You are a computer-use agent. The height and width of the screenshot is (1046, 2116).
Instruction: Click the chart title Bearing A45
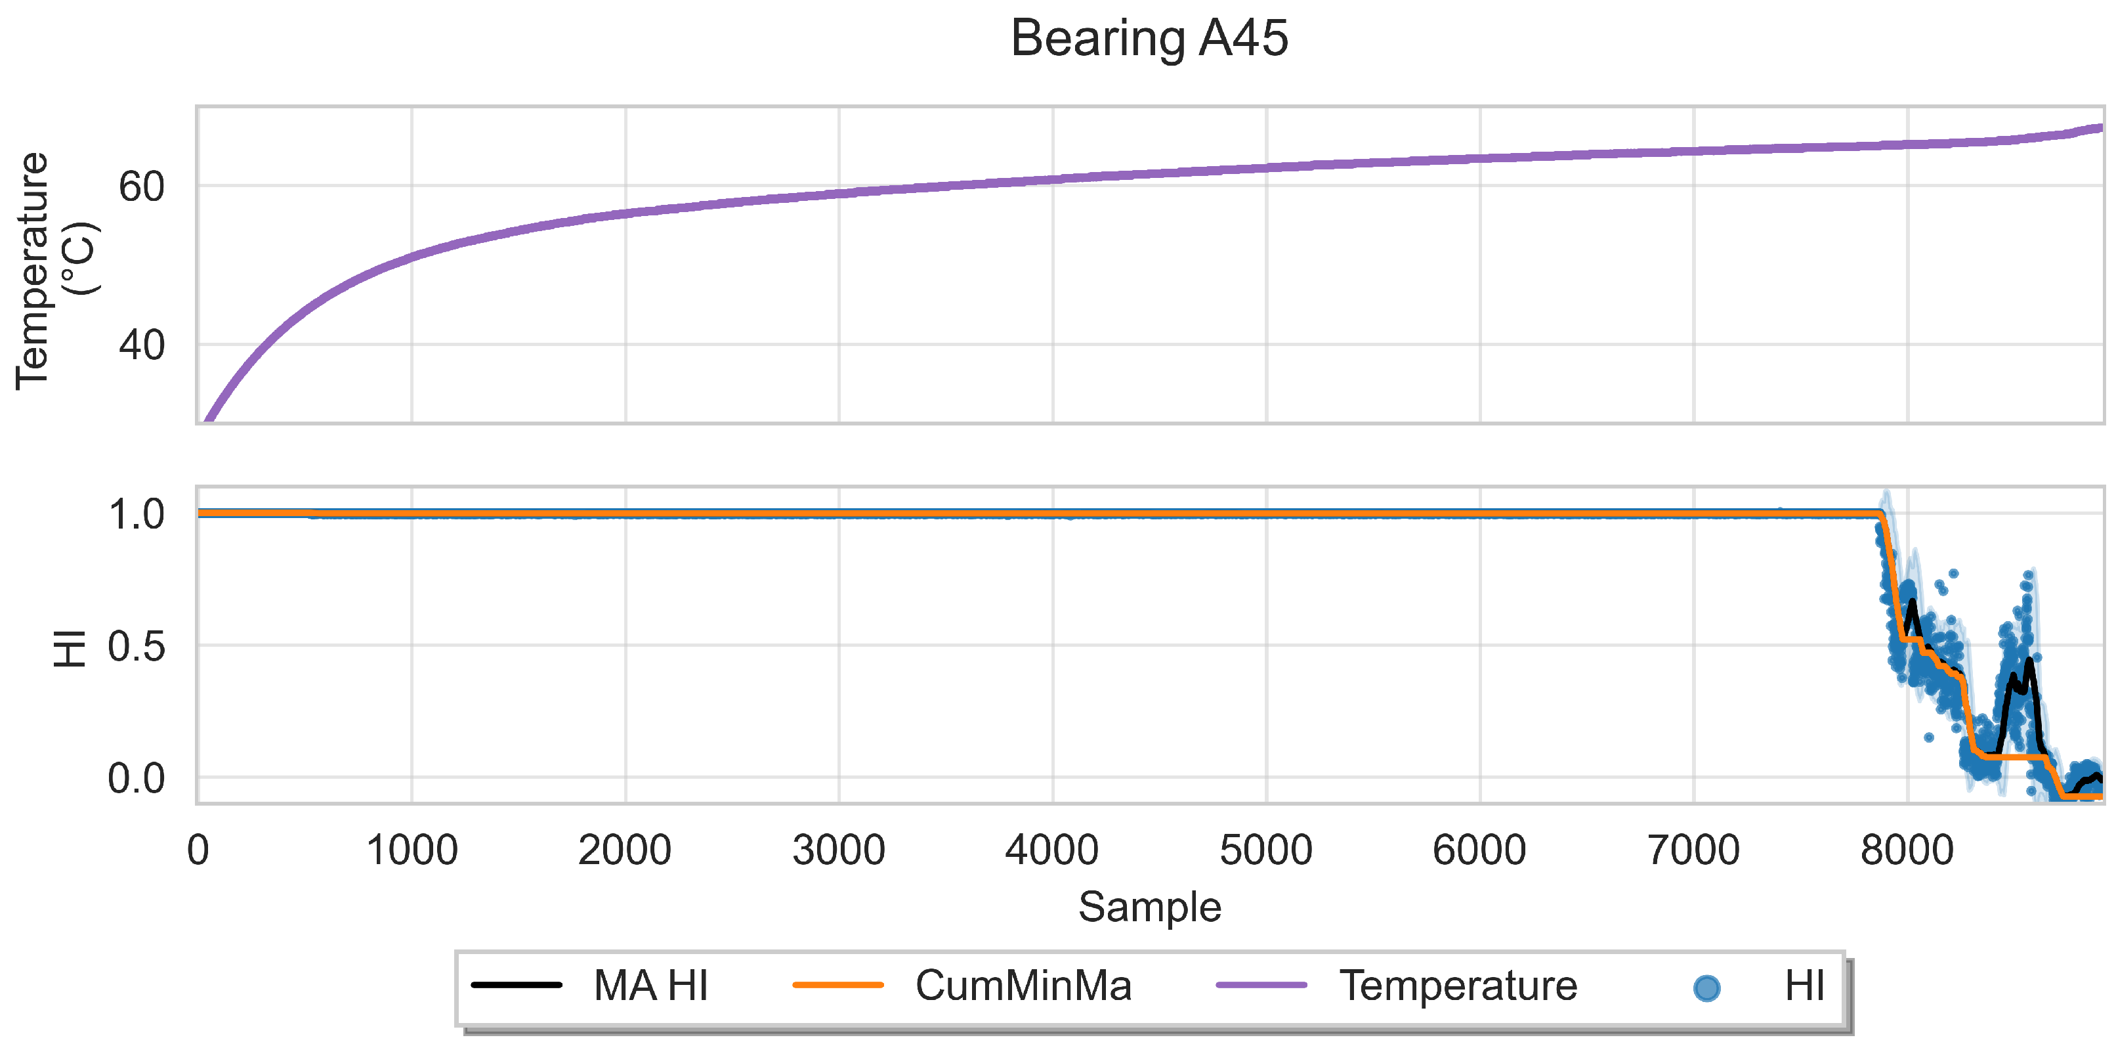[x=1149, y=38]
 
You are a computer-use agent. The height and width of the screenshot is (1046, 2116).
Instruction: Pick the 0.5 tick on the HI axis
[x=137, y=647]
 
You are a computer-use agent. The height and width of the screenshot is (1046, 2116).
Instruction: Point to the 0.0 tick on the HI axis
[x=137, y=778]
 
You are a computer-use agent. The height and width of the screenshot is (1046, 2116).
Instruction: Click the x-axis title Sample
[x=1149, y=907]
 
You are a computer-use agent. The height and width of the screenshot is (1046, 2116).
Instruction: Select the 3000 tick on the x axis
[x=839, y=850]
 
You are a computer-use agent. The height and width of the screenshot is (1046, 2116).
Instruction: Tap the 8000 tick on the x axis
[x=1907, y=850]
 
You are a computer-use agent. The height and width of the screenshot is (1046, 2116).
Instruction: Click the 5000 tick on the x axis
[x=1266, y=850]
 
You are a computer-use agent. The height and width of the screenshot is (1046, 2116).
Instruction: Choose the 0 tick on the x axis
[x=198, y=850]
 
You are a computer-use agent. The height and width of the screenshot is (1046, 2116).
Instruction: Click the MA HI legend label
[x=650, y=985]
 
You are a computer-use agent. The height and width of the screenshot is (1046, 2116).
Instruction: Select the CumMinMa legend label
[x=1023, y=985]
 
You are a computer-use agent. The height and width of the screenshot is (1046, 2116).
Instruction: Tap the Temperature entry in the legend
[x=1458, y=985]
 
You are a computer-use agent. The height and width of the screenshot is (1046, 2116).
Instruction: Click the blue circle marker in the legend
[x=1706, y=987]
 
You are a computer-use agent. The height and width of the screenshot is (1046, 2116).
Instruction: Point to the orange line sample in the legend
[x=838, y=984]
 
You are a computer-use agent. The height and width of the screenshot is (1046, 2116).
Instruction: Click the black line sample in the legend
[x=517, y=984]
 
